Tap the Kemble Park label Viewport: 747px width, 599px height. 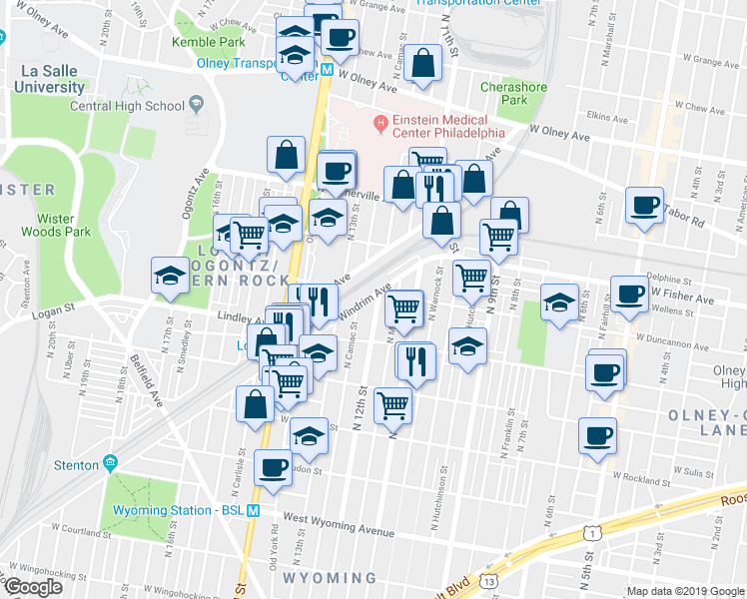[x=208, y=42]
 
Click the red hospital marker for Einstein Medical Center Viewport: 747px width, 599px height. [x=378, y=123]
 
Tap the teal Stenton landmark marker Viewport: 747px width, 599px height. [x=109, y=464]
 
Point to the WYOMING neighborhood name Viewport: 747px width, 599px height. [x=330, y=578]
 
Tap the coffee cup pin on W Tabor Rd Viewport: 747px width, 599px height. [x=644, y=206]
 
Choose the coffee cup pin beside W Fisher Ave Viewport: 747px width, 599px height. [x=629, y=294]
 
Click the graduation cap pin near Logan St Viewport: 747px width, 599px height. [x=170, y=275]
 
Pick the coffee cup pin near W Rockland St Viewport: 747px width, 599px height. [x=597, y=435]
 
